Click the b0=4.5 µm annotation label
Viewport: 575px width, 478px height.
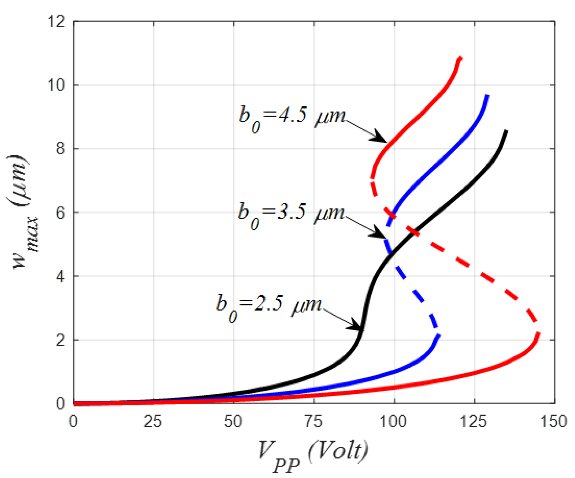[292, 117]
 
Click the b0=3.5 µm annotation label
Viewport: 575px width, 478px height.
[291, 214]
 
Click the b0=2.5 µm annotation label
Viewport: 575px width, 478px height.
[269, 306]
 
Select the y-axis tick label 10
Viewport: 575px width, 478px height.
[56, 85]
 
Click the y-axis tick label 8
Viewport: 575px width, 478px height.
[60, 149]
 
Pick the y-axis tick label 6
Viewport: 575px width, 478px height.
[60, 212]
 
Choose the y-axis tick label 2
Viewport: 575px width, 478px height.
[60, 340]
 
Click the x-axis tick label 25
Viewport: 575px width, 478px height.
[153, 421]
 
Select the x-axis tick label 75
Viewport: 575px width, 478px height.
[314, 421]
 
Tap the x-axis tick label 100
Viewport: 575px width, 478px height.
[394, 421]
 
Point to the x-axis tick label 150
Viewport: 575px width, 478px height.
[554, 421]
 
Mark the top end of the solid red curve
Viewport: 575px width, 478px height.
[461, 58]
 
